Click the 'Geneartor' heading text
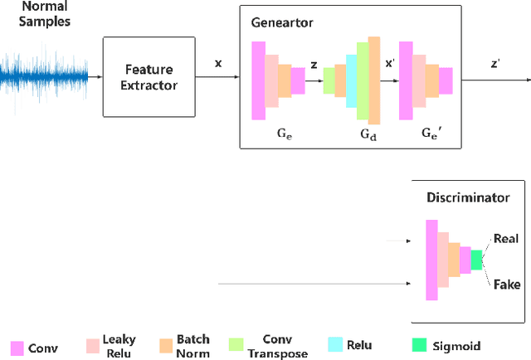pyautogui.click(x=281, y=22)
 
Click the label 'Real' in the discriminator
pyautogui.click(x=505, y=239)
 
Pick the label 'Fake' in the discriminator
pyautogui.click(x=505, y=285)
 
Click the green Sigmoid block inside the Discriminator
pyautogui.click(x=476, y=260)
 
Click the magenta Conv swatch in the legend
pyautogui.click(x=16, y=348)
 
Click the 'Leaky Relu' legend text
pyautogui.click(x=119, y=346)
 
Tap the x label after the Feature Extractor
pyautogui.click(x=218, y=63)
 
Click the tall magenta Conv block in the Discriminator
pyautogui.click(x=431, y=260)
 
